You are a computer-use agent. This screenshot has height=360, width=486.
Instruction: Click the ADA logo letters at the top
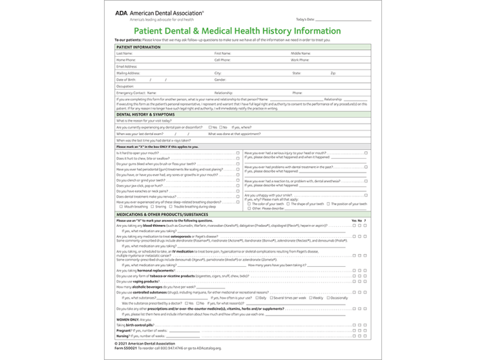pos(122,12)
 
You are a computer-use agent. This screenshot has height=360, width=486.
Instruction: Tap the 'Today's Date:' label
pos(305,20)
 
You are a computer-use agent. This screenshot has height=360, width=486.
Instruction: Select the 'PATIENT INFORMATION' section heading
pos(138,47)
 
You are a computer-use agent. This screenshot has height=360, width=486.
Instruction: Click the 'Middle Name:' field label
pos(301,53)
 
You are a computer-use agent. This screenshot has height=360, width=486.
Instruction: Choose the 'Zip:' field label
pos(333,73)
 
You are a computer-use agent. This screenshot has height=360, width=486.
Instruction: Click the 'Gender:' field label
pos(220,80)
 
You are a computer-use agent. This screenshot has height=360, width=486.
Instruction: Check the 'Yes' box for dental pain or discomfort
pos(211,127)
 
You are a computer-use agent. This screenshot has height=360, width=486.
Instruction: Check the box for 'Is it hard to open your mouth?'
pos(238,153)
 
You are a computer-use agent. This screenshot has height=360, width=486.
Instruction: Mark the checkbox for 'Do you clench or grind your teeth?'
pos(238,180)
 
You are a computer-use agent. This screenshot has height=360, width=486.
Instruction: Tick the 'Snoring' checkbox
pos(153,207)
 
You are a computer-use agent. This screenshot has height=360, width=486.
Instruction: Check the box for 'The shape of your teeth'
pos(292,203)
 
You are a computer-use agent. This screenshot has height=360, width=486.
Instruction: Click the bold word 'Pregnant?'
pos(124,330)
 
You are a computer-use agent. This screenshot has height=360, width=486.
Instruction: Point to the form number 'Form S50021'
pos(128,348)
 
